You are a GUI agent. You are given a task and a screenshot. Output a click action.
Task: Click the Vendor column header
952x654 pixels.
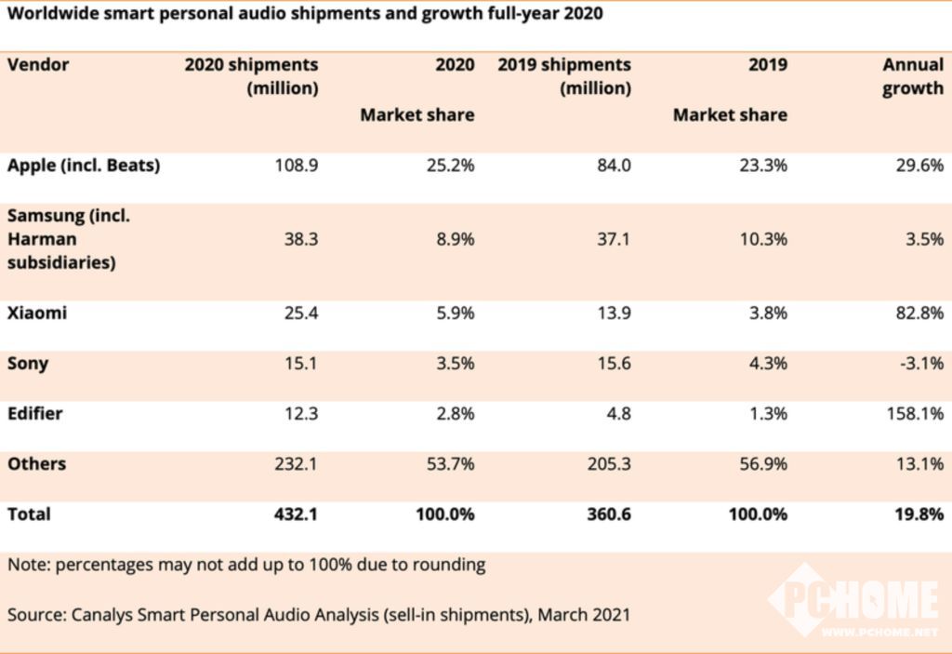click(38, 65)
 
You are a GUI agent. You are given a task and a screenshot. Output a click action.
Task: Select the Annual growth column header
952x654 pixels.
click(912, 77)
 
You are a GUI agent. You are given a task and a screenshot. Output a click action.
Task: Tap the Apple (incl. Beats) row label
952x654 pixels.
click(84, 166)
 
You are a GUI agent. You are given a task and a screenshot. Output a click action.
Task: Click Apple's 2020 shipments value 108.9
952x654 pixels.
click(297, 166)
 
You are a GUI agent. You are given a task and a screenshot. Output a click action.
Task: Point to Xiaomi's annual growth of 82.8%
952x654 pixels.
click(916, 314)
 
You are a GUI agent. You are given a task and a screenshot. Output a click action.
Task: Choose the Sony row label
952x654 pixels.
click(28, 364)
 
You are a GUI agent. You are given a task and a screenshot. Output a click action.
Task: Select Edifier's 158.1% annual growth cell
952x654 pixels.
click(914, 414)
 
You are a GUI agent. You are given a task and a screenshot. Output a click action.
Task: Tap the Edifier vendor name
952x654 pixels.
click(35, 414)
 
